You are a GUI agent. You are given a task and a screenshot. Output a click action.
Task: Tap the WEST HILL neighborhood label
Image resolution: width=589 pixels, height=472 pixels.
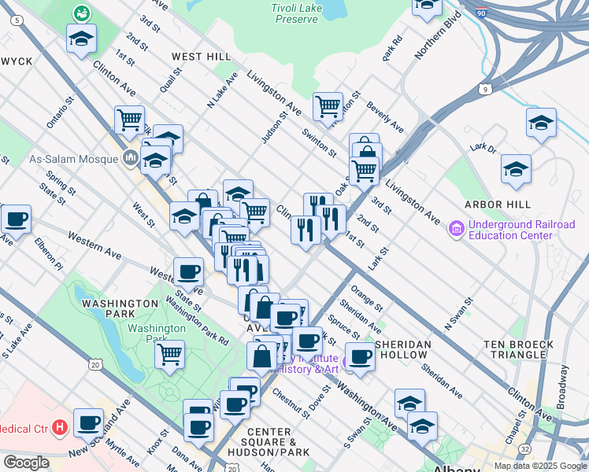pyautogui.click(x=202, y=57)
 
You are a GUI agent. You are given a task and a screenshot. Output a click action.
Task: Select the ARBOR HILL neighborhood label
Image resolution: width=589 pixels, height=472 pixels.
pyautogui.click(x=517, y=205)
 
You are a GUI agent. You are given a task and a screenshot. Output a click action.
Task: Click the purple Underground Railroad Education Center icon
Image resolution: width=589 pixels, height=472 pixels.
pyautogui.click(x=455, y=230)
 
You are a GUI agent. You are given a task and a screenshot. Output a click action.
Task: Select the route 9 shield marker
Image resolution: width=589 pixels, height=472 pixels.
pyautogui.click(x=488, y=90)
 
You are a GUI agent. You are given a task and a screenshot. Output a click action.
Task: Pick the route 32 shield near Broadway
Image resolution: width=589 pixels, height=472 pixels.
pyautogui.click(x=524, y=448)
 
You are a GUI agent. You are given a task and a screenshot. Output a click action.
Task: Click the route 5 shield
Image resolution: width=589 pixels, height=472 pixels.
pyautogui.click(x=17, y=22)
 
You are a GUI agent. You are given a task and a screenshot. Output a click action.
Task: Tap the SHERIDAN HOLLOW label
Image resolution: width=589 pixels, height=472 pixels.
pyautogui.click(x=404, y=349)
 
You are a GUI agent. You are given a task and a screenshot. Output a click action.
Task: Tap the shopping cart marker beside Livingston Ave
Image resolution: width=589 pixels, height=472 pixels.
pyautogui.click(x=327, y=105)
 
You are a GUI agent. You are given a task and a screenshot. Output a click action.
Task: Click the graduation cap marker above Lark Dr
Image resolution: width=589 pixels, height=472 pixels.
pyautogui.click(x=541, y=122)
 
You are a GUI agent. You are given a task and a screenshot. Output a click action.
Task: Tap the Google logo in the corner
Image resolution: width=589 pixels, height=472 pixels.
pyautogui.click(x=26, y=463)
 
